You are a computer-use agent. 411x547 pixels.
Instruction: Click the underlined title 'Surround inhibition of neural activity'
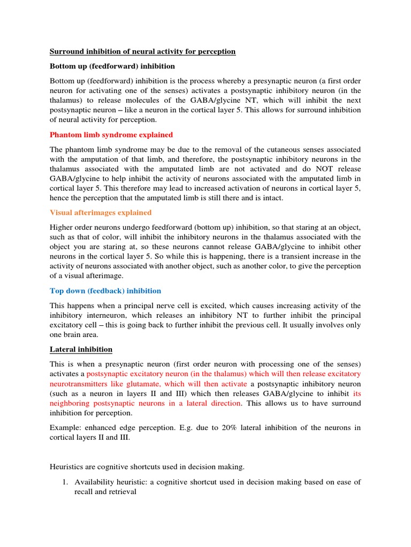(x=142, y=51)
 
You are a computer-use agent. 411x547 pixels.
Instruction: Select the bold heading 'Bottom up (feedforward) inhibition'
(x=112, y=66)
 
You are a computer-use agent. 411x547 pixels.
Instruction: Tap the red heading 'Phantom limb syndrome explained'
(x=111, y=135)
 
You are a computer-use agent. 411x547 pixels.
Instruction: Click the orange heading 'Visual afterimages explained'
(x=101, y=212)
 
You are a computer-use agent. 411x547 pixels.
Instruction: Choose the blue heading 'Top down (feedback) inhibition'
(x=105, y=291)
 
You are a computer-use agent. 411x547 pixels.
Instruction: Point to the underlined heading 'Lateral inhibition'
(x=81, y=349)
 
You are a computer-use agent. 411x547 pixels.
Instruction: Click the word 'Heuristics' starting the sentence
(x=68, y=467)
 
